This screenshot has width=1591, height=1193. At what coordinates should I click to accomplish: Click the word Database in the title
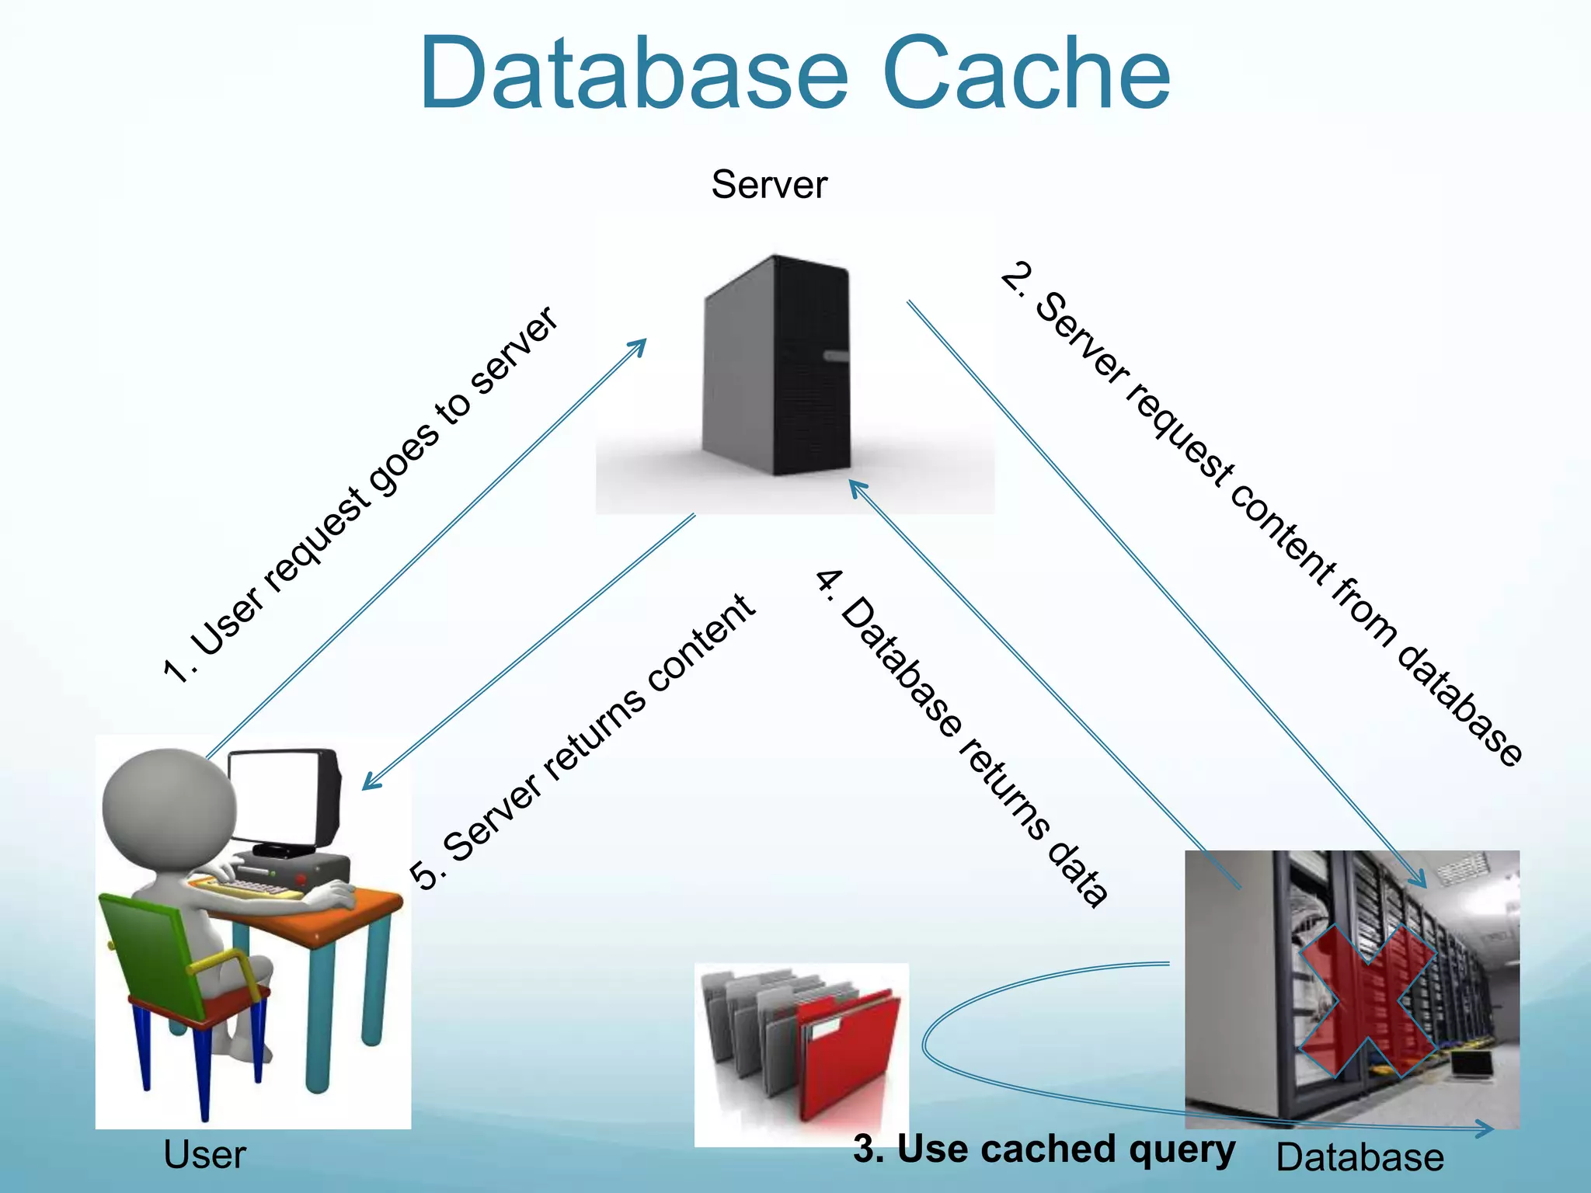click(x=633, y=74)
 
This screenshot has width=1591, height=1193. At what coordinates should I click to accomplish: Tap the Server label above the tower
click(x=769, y=185)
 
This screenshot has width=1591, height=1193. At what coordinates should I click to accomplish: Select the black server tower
click(x=777, y=365)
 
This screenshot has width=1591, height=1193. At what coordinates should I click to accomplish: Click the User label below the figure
click(x=204, y=1155)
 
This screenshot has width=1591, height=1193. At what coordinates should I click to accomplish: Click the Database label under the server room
click(x=1359, y=1157)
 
